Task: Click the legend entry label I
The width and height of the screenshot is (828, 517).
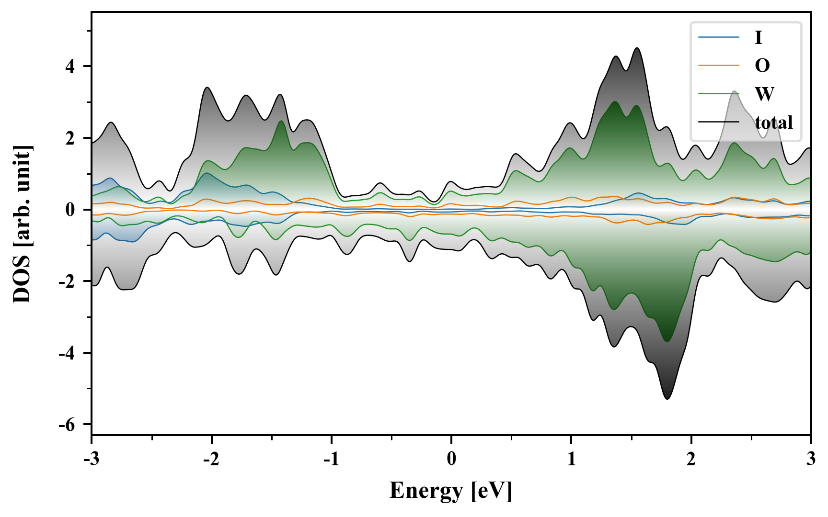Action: point(758,37)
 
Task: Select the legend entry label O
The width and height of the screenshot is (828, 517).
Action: point(762,66)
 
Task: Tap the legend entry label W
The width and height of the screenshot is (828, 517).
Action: point(764,94)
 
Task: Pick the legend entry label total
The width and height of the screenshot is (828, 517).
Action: point(774,123)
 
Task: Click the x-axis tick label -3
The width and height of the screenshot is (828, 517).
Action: point(92,459)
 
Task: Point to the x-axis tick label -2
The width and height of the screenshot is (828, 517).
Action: point(211,459)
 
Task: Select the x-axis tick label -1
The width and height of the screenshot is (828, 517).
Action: point(331,459)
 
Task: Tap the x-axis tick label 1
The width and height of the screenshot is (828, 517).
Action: point(571,459)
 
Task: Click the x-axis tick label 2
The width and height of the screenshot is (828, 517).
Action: point(691,459)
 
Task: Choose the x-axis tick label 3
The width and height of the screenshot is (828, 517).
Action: point(811,459)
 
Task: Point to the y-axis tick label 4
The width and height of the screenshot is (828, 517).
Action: point(70,67)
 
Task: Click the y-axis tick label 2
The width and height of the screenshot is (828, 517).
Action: point(70,138)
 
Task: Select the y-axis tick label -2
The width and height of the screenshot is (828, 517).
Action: point(67,281)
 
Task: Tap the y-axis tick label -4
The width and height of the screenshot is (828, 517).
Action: point(67,353)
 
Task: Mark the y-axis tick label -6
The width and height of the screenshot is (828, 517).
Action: point(67,425)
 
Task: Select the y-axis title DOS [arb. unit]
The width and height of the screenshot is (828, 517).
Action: point(22,224)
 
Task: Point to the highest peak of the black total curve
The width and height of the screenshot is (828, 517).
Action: point(637,48)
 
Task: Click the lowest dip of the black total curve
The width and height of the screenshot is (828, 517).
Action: point(667,399)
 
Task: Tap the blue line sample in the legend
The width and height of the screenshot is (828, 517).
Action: point(718,37)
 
